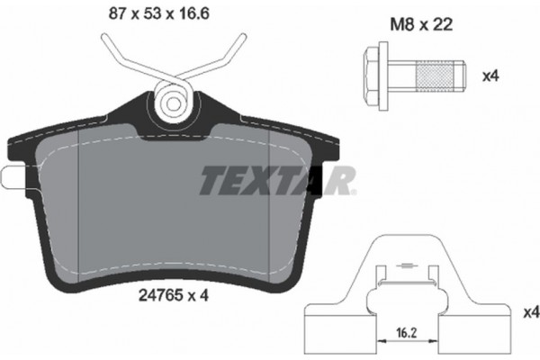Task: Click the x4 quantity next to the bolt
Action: click(490, 76)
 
